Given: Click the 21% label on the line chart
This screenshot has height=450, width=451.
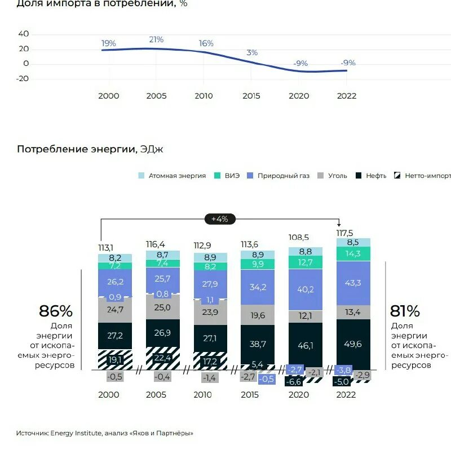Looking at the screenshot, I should [156, 39].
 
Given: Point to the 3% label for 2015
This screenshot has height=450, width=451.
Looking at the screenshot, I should [251, 52].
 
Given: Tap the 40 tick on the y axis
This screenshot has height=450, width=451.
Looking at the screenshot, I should [24, 34].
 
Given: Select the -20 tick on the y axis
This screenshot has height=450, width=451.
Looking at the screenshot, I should [23, 79].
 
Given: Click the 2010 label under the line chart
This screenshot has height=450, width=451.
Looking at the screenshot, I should [204, 96].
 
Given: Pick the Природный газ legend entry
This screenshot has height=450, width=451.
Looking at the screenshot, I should [283, 176].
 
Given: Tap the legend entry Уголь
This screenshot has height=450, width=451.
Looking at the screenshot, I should [337, 176].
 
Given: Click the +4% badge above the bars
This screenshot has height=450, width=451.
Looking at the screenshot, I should [219, 219].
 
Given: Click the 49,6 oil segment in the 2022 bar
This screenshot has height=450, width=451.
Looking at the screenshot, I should [353, 344].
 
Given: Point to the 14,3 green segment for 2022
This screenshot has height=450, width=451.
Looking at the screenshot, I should [353, 254].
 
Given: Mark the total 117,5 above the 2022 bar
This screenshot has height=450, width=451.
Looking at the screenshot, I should [344, 233].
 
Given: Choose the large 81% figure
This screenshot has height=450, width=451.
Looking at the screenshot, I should [405, 311].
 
